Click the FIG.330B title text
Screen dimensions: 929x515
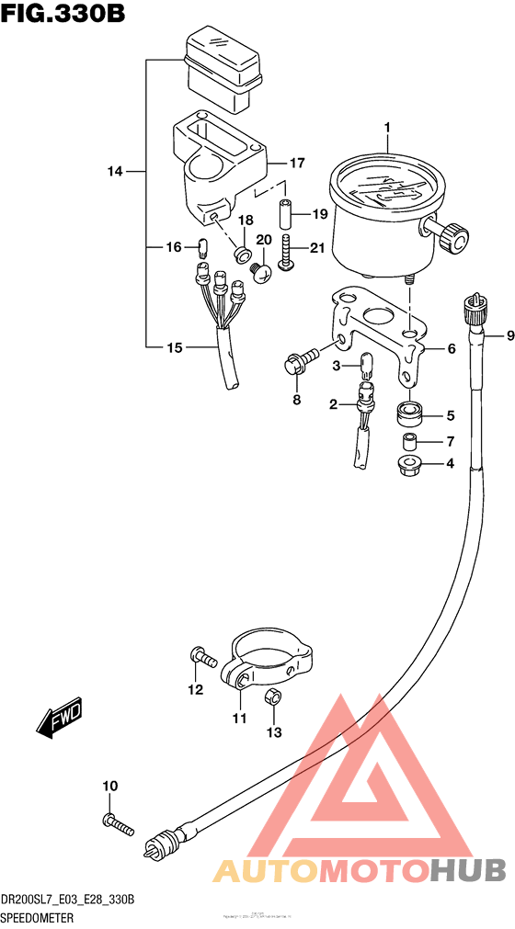[62, 16]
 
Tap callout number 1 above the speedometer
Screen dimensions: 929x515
[387, 128]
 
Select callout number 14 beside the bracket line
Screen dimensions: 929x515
[114, 172]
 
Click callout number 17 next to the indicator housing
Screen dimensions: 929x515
[296, 164]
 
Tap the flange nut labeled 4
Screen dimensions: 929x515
[409, 465]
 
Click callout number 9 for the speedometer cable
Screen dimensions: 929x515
[497, 336]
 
